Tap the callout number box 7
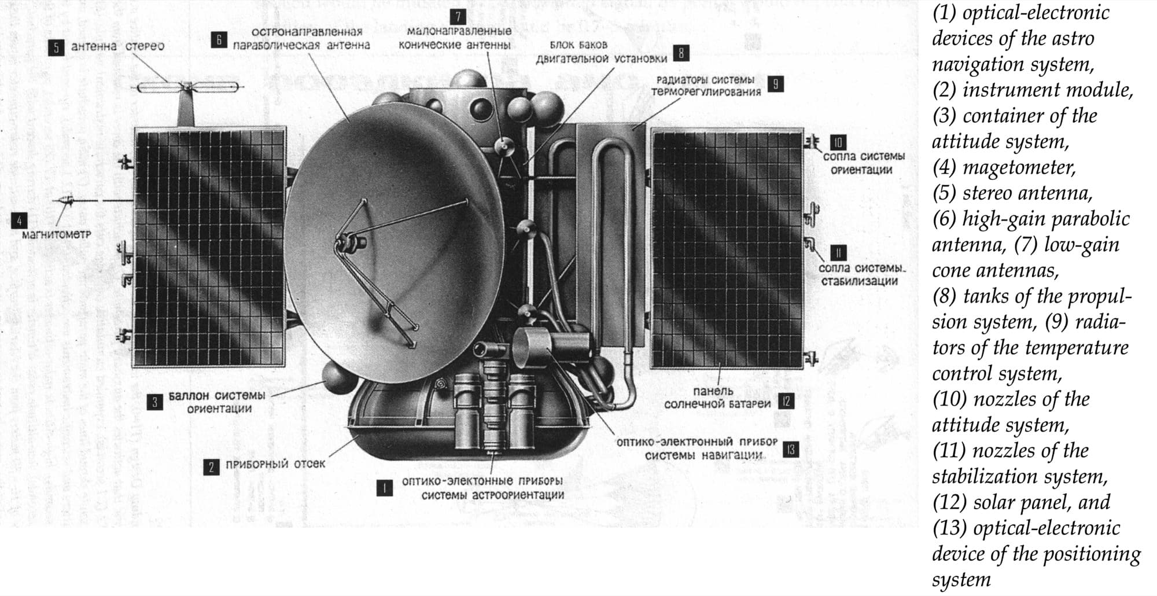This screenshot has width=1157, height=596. pos(458,17)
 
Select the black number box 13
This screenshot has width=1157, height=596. pos(790,450)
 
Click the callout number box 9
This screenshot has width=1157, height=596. pos(775,84)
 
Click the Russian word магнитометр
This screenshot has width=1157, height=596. pos(56,234)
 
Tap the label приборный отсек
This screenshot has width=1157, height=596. pos(275,464)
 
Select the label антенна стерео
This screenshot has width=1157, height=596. pos(117,46)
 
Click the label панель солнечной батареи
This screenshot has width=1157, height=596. pos(717,397)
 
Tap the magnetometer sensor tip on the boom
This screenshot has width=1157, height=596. pos(65,200)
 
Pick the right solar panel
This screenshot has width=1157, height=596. pos(728,248)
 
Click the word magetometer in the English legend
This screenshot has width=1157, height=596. pos(1019,167)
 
